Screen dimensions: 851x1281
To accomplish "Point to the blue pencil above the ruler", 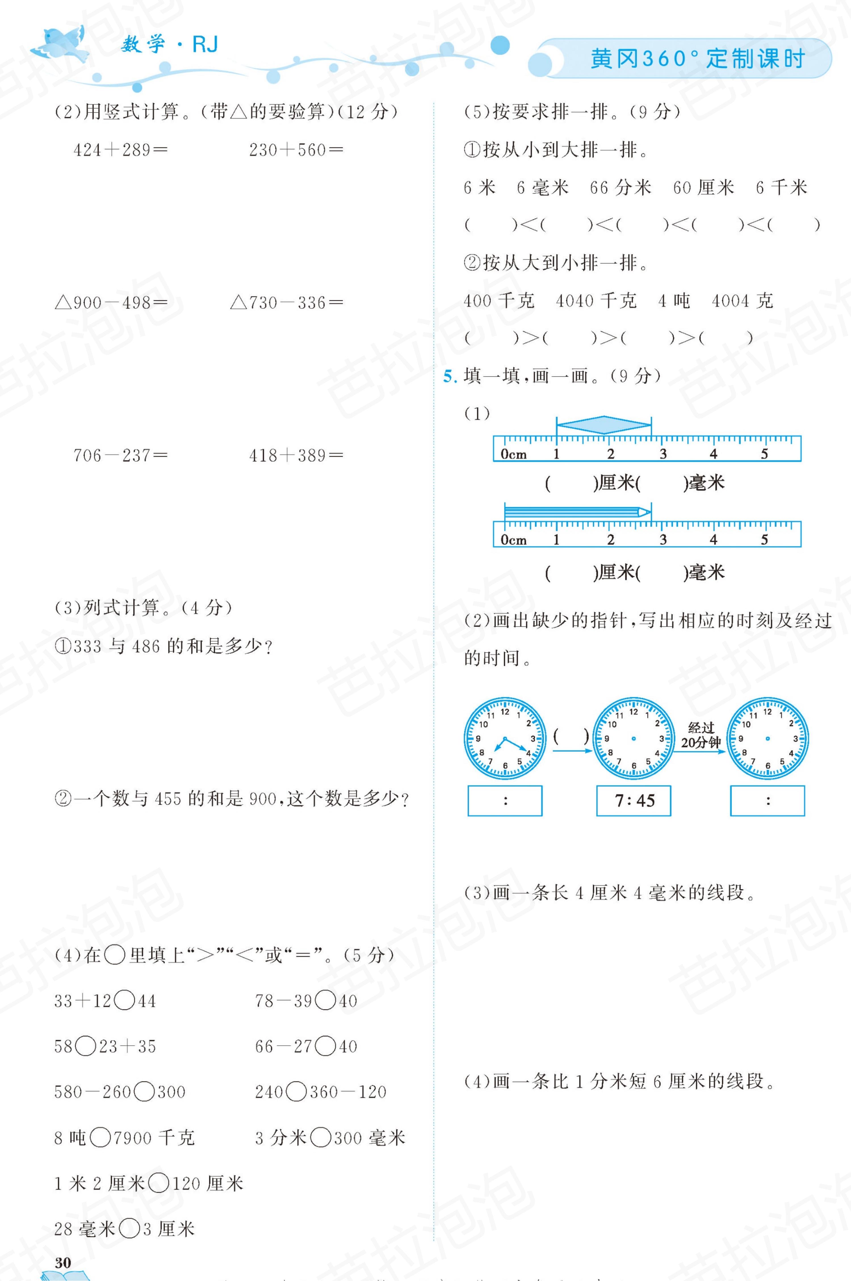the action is pos(577,512).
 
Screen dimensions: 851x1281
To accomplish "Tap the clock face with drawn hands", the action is pos(505,739).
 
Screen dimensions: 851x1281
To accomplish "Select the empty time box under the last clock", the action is pos(768,800).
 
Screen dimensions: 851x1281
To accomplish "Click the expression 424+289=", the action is pos(120,150).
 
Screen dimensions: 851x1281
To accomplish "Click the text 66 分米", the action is pos(620,188).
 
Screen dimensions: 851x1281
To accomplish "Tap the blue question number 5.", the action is pos(450,376).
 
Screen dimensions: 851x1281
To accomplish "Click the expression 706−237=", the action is pos(120,455).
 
